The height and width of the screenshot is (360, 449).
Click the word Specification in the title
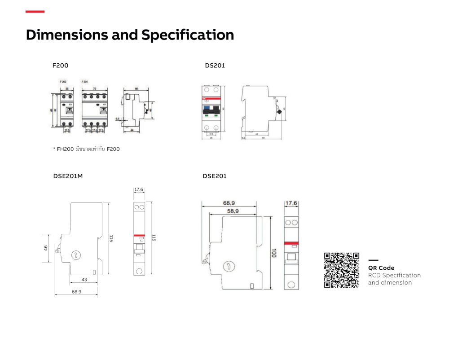point(188,35)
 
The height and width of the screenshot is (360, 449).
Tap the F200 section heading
point(61,66)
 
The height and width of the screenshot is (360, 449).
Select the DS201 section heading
point(215,66)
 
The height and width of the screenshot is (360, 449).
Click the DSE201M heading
point(68,176)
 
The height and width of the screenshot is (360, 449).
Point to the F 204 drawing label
point(84,82)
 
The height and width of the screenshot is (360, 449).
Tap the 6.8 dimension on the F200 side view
point(118,119)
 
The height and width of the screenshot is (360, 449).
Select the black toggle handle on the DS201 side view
point(279,111)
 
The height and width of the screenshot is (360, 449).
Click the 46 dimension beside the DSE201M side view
point(46,248)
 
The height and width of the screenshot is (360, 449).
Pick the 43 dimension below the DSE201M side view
point(84,279)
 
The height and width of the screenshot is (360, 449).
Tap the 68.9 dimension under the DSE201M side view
point(76,292)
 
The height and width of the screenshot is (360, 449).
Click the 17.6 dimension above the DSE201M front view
point(138,190)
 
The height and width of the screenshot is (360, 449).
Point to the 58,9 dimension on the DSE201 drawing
point(233,211)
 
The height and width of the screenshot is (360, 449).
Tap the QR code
point(342,270)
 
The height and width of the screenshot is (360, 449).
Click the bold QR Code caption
point(381,268)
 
